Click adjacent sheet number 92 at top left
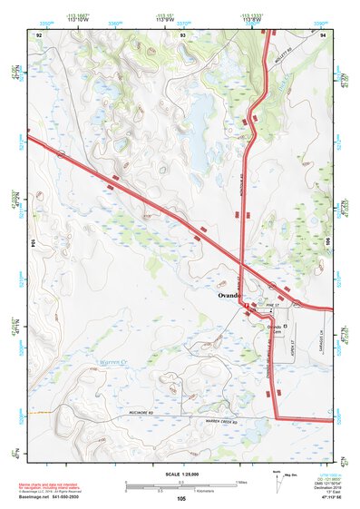[39, 34]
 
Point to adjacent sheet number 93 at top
[182, 34]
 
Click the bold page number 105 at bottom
[181, 498]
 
